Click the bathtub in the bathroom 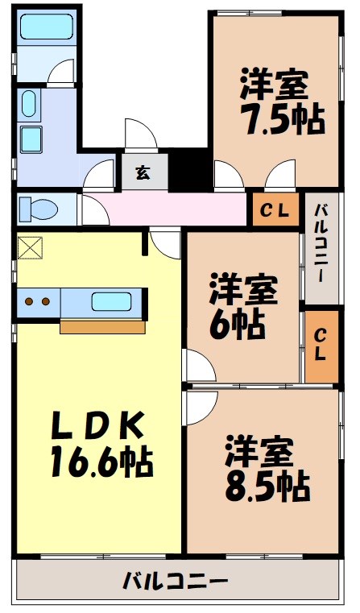46,29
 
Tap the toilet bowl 37,209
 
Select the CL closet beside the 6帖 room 321,346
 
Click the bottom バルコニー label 176,579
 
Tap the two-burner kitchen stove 37,303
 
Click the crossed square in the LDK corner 29,247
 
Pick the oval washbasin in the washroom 29,104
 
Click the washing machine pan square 32,139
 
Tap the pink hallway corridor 177,209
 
